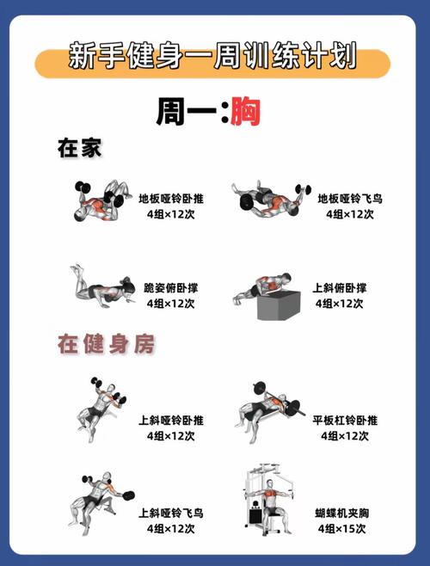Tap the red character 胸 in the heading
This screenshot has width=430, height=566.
coord(245,113)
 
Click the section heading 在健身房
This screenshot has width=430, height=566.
coord(105,345)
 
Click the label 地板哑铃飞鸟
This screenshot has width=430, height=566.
coord(349,199)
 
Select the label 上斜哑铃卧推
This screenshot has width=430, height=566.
coord(170,421)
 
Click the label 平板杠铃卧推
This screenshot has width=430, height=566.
coord(345,421)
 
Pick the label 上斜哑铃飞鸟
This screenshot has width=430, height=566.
coord(170,513)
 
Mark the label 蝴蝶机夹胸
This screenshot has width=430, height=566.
coord(341,513)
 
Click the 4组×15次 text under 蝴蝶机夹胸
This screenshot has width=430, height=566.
coord(341,527)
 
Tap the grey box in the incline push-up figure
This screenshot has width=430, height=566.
coord(276,305)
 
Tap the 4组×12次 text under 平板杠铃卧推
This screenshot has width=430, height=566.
coord(345,436)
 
